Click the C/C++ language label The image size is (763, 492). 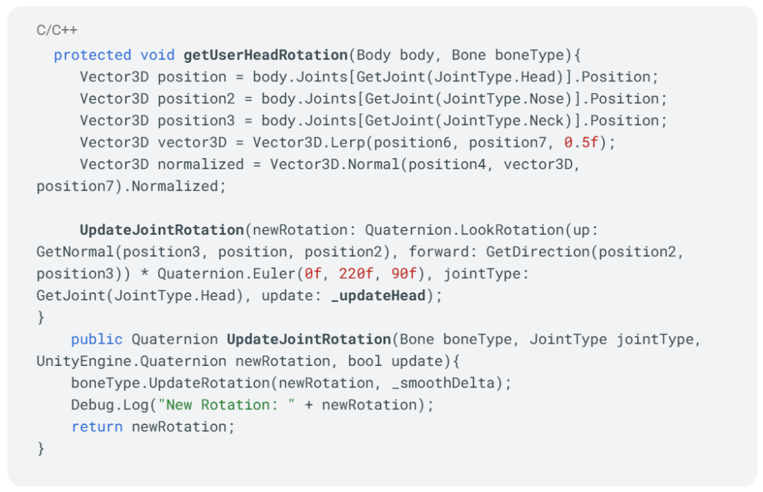(57, 30)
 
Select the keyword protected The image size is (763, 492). (92, 55)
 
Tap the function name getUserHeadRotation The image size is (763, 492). (266, 55)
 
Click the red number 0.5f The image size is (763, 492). (581, 142)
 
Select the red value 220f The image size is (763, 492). (356, 274)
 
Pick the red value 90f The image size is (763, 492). (404, 274)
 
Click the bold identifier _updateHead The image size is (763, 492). (378, 295)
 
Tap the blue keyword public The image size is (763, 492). (97, 339)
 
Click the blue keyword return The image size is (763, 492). (97, 427)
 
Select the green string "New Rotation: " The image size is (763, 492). (227, 405)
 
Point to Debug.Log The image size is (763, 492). (110, 405)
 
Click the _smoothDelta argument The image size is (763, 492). (443, 383)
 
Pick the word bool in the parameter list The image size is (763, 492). (365, 361)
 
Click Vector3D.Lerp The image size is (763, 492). (308, 142)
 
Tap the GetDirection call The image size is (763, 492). (538, 252)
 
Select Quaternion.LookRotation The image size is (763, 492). (464, 230)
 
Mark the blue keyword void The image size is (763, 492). (157, 55)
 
